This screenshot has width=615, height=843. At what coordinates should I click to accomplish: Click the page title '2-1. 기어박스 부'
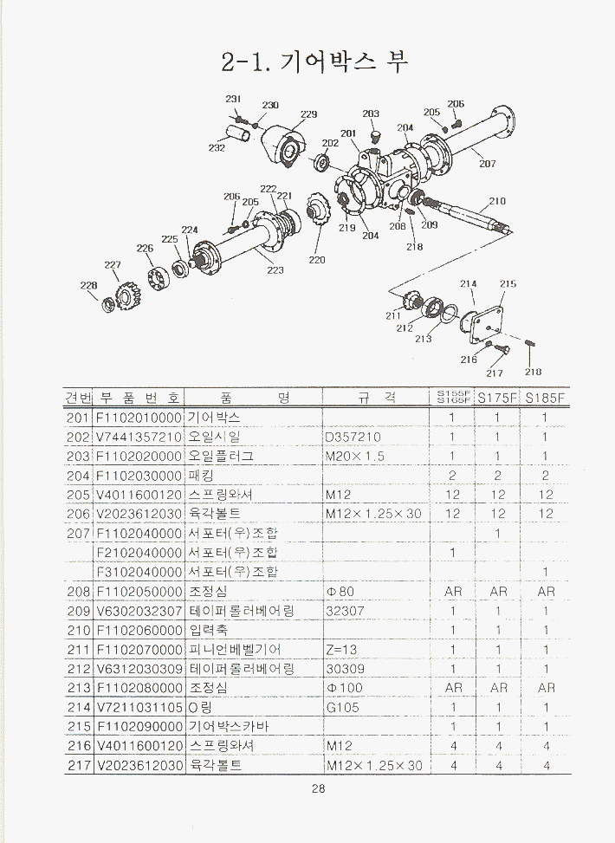[314, 62]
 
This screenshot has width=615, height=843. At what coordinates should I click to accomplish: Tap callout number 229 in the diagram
[308, 114]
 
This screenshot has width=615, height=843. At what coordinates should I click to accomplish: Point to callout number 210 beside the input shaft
[497, 201]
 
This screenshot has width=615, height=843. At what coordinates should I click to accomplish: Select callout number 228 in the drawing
[88, 285]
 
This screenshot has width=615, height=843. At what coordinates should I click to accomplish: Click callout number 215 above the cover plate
[508, 284]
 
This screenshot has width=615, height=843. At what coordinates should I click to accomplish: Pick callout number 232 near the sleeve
[217, 148]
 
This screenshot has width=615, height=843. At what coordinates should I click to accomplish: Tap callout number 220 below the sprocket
[317, 259]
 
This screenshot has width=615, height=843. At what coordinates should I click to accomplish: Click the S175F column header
[497, 399]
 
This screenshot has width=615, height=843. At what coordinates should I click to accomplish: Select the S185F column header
[545, 399]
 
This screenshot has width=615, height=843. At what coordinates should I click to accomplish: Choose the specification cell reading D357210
[353, 437]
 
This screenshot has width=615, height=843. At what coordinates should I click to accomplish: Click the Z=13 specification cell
[344, 649]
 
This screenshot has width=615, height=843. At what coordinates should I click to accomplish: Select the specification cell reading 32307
[344, 611]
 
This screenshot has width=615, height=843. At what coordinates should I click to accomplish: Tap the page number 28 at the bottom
[318, 789]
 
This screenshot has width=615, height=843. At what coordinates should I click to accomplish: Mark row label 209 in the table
[78, 611]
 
